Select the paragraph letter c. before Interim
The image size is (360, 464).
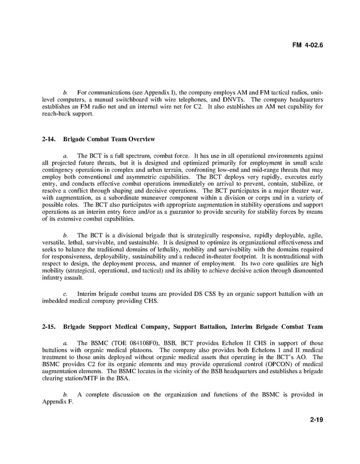65,294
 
